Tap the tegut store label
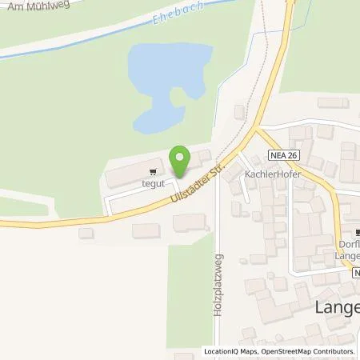(152, 182)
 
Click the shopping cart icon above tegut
(152, 170)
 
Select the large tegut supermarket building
(132, 173)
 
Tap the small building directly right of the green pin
(203, 155)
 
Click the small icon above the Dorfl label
(349, 232)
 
